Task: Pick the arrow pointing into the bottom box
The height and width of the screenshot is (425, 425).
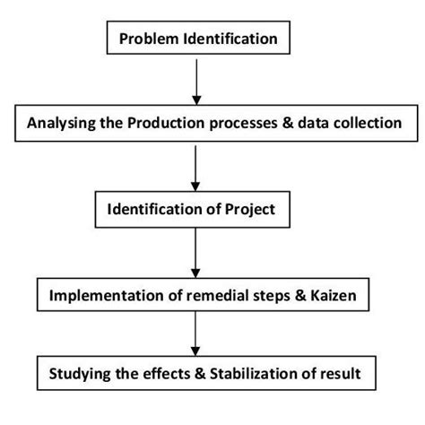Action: point(194,334)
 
